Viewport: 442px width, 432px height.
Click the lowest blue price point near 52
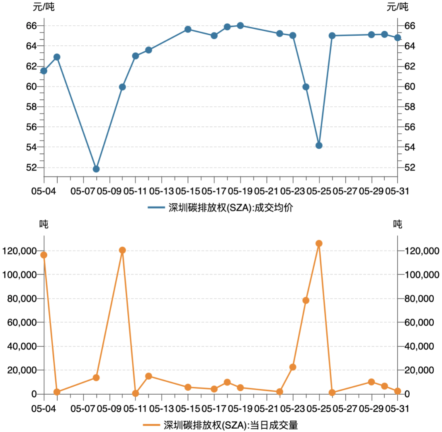(x=96, y=169)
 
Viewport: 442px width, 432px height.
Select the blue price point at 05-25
(x=319, y=145)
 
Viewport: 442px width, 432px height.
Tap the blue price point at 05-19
(x=240, y=26)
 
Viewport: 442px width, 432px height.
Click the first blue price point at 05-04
(x=44, y=71)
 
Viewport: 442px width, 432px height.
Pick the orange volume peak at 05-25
(x=319, y=243)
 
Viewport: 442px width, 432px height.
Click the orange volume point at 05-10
(x=122, y=250)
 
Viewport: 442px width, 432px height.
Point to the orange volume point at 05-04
(x=44, y=255)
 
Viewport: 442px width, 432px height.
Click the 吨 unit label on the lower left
(x=44, y=224)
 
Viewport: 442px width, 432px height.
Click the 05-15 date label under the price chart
(x=188, y=191)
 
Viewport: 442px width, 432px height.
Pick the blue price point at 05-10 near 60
(x=122, y=87)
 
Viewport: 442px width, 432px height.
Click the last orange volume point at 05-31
(x=398, y=391)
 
